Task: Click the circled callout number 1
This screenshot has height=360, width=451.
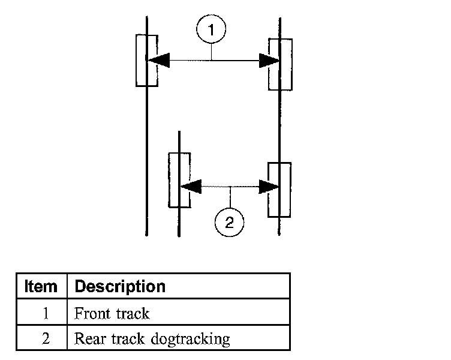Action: coord(211,29)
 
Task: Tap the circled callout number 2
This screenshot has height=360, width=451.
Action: coord(229,223)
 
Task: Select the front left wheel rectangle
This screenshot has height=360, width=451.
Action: coord(136,61)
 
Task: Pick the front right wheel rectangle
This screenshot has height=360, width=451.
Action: coord(291,64)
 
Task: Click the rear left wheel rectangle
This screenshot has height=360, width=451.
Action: coord(169,180)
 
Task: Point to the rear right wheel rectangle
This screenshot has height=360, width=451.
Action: coord(290,190)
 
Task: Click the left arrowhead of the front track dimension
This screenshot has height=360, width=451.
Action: coord(158,61)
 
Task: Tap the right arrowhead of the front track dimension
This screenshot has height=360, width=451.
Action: coord(269,61)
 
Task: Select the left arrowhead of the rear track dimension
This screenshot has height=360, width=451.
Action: coord(191,187)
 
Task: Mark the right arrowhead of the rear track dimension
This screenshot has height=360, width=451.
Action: coord(269,187)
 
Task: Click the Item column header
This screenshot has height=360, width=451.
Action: coord(41,286)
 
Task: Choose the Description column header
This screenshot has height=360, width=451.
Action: coord(120,286)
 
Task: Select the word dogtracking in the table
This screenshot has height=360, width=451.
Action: coord(190,339)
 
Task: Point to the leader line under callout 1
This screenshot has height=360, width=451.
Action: coord(211,52)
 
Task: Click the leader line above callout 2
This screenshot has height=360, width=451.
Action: coord(230,197)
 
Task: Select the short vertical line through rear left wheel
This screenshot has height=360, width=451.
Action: coord(179,184)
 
